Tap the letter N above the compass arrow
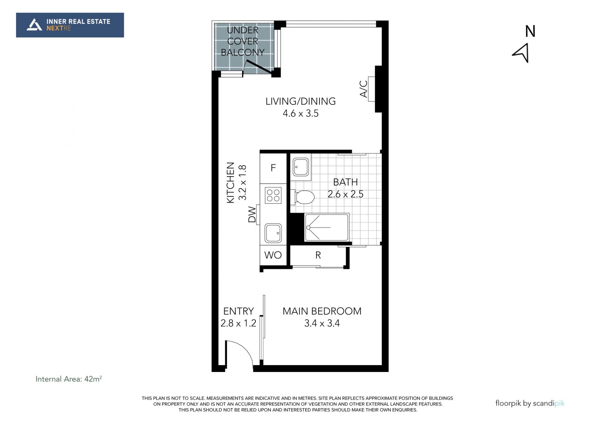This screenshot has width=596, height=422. point(530,31)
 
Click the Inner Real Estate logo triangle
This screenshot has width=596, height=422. point(34,25)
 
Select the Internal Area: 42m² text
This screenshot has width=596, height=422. point(69,379)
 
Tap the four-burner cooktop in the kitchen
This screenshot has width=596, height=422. point(273,195)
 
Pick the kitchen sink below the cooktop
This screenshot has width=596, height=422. point(273,233)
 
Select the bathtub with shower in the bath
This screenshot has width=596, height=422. point(327,227)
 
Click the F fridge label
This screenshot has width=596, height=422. point(273,168)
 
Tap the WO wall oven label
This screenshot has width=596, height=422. point(273,255)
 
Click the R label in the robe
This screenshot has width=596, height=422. point(318,255)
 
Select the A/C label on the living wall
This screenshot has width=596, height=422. point(363,89)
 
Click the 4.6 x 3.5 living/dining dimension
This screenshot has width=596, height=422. point(300,114)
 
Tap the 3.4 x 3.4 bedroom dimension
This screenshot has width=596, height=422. point(322,323)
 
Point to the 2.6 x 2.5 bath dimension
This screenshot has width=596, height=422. point(345,194)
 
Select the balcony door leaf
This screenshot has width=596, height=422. point(259,67)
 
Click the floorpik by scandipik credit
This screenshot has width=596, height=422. point(530,403)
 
